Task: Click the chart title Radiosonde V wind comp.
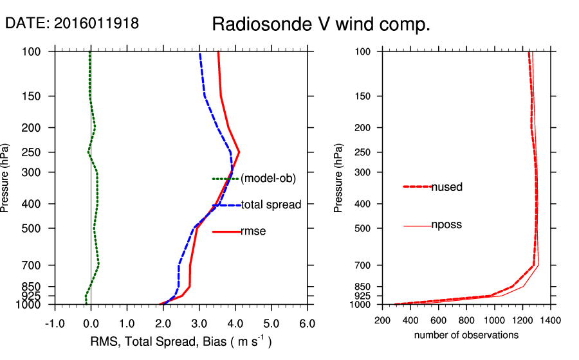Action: [321, 25]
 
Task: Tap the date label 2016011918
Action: [72, 24]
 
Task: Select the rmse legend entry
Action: [253, 231]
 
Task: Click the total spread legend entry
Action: [271, 205]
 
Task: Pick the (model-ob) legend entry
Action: [268, 179]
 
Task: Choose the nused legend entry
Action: [446, 187]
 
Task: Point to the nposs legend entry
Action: [446, 225]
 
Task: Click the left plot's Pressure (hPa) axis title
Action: [6, 177]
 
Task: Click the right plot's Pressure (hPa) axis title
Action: [339, 177]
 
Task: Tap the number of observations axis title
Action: [466, 335]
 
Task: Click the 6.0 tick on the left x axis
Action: [308, 322]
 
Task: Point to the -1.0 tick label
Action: [54, 322]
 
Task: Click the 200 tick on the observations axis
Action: [383, 319]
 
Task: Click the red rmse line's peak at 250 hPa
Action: [239, 152]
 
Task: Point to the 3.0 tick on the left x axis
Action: [199, 322]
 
